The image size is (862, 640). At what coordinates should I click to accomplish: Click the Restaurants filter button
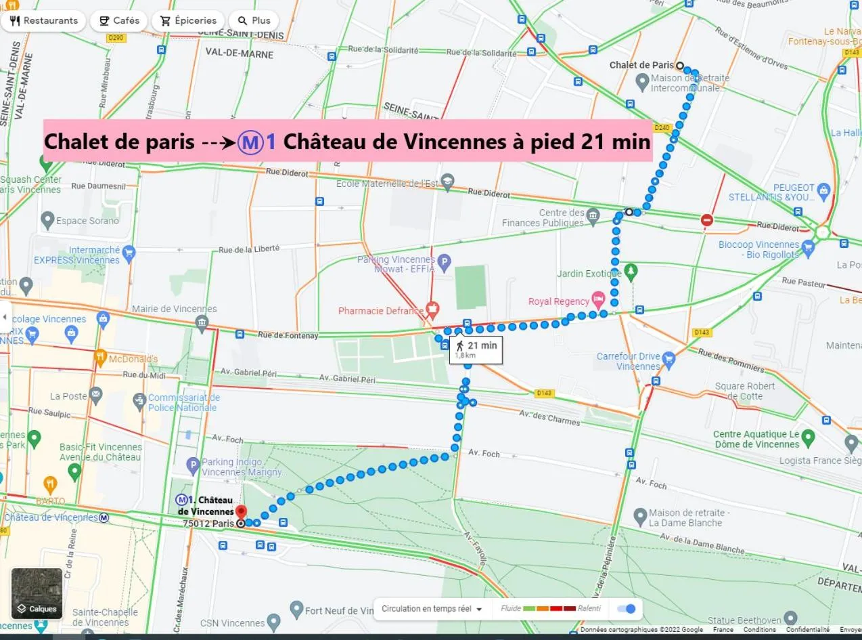coord(43,20)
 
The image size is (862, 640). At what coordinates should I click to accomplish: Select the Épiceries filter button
coord(188,20)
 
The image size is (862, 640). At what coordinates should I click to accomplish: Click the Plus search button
coord(254,20)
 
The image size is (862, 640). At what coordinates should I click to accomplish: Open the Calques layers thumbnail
coord(37,593)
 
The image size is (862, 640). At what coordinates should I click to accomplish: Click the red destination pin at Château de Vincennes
coord(240,512)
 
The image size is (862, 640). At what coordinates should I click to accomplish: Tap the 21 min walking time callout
coord(476,349)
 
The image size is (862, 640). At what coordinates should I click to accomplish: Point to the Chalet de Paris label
coord(641,65)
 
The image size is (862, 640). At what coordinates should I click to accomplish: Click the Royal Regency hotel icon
coord(597,298)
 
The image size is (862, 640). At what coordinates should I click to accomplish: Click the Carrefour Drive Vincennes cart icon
coord(669,358)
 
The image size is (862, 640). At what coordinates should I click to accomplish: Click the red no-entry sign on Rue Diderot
coord(707,219)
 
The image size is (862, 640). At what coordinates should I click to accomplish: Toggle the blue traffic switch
coord(627,608)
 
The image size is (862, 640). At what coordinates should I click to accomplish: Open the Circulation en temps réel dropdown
coord(432,608)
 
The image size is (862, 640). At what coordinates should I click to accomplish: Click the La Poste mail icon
coord(95,393)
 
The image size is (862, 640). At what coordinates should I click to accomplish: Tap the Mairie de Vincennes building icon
coord(202,321)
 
